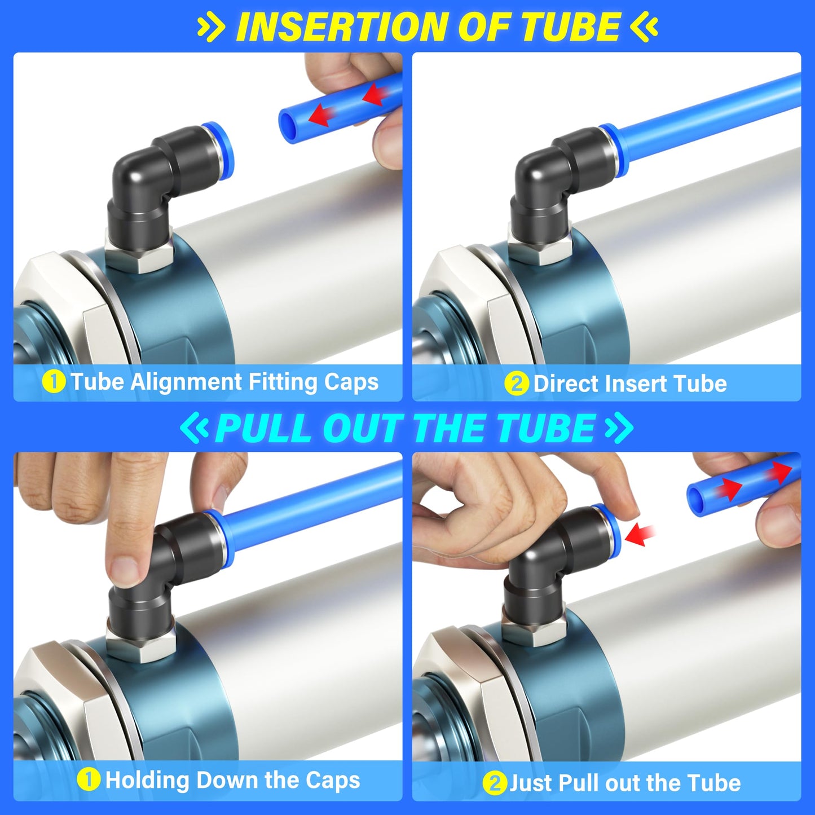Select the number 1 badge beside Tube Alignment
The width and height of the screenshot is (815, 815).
click(x=54, y=382)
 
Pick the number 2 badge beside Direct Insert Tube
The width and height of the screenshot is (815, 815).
click(x=516, y=384)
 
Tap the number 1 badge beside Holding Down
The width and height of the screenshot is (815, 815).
click(x=88, y=780)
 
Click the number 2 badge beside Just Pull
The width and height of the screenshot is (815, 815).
click(x=494, y=783)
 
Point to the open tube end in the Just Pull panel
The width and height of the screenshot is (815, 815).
click(x=697, y=496)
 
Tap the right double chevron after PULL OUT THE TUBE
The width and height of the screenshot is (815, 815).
click(x=619, y=428)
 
